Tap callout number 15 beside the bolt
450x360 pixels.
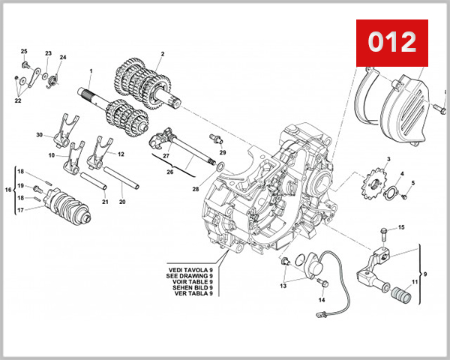coord(401,227)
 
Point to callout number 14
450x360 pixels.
coord(322,300)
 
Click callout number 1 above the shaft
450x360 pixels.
coord(91,72)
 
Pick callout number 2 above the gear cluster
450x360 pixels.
coord(161,54)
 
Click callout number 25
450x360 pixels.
coord(23,51)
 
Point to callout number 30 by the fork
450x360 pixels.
coord(39,135)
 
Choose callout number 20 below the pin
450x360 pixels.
coord(122,202)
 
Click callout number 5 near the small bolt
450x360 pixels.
coord(412,183)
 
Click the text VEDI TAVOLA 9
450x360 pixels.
coord(191,267)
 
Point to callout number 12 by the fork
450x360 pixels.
coord(121,154)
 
